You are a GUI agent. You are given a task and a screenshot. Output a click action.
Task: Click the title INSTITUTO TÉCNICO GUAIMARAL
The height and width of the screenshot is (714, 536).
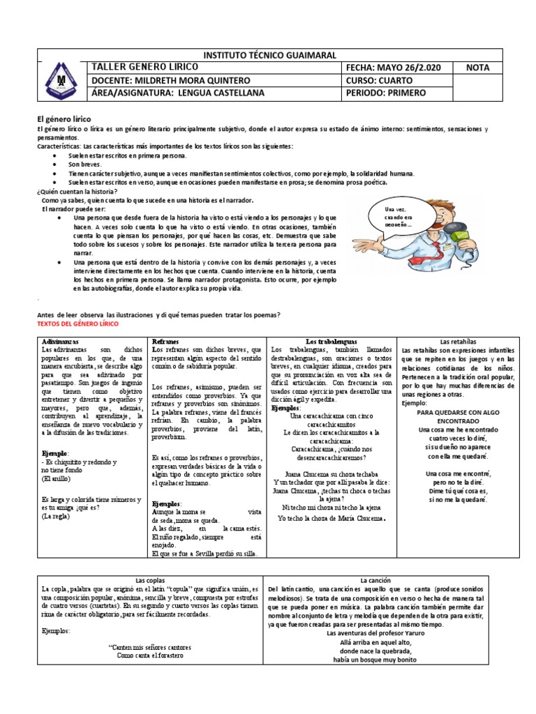[x=269, y=55]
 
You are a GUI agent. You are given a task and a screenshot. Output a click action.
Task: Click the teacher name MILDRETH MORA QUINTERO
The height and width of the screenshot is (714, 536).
[x=186, y=80]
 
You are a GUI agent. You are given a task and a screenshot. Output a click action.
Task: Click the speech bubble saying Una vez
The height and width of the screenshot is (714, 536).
[x=397, y=217]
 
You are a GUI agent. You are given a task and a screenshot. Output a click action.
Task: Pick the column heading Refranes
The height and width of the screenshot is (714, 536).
[x=165, y=341]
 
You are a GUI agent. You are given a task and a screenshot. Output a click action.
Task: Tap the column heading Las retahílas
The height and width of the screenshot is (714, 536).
[x=458, y=341]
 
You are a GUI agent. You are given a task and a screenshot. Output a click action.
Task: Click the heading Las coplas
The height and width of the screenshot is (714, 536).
[x=149, y=580]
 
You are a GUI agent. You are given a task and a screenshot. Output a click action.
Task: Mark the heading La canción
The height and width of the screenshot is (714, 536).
[x=375, y=580]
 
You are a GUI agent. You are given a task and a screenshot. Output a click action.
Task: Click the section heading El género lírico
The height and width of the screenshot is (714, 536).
[x=64, y=120]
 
